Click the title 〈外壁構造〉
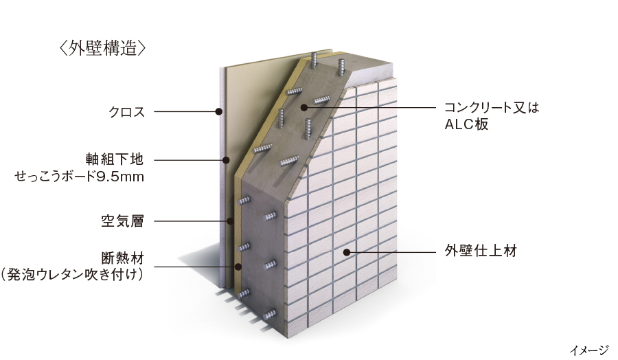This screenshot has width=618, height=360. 102,49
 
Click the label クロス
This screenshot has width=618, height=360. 127,112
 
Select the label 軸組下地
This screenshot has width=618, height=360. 114,159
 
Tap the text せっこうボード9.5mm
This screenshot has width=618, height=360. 79,177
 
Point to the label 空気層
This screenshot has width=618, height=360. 123,221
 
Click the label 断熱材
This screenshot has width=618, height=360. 123,258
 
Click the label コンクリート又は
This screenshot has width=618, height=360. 492,107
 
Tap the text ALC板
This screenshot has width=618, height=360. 467,124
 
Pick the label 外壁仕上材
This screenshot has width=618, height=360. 481,251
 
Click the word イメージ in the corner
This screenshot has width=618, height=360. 589,350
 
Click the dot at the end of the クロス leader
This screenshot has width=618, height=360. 218,111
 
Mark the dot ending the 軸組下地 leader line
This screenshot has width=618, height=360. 226,160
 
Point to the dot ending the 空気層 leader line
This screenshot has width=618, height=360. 230,221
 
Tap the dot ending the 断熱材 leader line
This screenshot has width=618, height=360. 238,267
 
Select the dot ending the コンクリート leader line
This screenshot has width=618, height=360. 304,107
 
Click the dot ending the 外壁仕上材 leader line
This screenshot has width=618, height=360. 347,252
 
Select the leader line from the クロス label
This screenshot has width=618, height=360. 186,111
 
